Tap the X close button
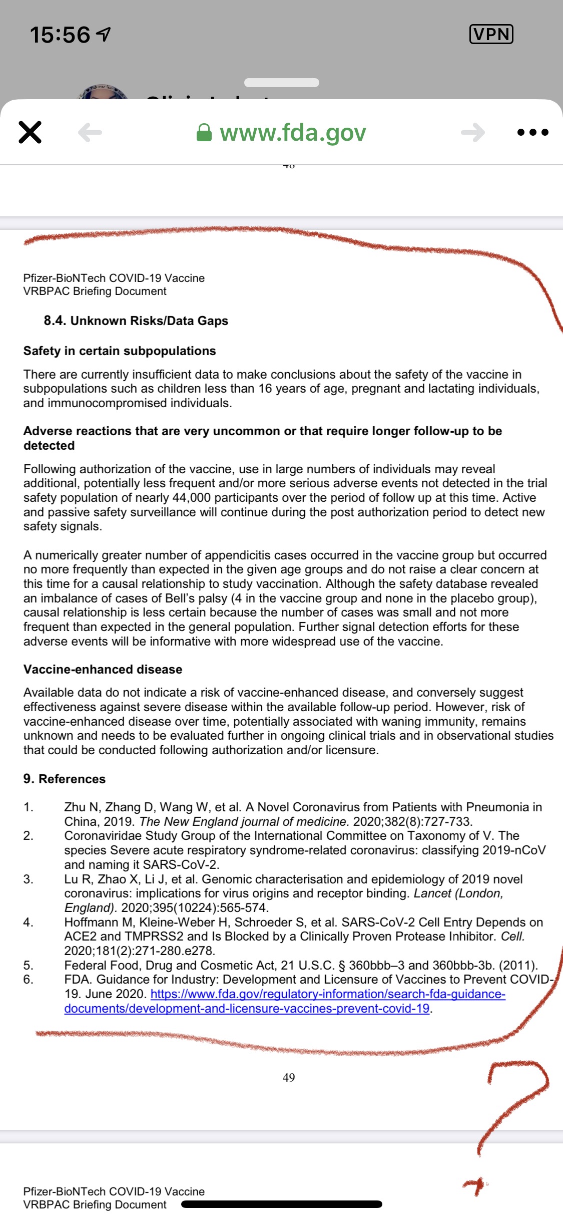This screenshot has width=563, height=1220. [30, 132]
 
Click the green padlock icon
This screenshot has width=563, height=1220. [204, 133]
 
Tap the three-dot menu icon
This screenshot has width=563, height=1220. [532, 133]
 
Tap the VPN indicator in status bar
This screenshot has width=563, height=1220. [491, 34]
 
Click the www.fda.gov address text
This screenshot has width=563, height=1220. [293, 133]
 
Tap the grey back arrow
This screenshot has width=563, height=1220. [90, 133]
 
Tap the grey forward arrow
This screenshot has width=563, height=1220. [473, 133]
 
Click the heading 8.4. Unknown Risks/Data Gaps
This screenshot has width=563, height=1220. [136, 321]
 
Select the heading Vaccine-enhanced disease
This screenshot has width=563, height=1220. [103, 670]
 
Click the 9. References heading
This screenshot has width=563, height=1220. [64, 779]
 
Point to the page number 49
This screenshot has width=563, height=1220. [289, 1077]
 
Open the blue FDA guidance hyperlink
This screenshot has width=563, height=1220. [328, 994]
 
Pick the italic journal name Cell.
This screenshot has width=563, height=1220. [512, 937]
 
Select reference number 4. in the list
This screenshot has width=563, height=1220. [29, 923]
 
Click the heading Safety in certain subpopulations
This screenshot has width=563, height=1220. [120, 351]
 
